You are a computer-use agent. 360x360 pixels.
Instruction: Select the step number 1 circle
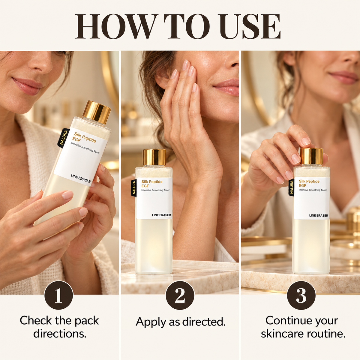[x=58, y=295]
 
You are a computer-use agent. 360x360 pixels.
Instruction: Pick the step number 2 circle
[x=180, y=295]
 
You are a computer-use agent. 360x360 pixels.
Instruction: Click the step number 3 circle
[x=301, y=295]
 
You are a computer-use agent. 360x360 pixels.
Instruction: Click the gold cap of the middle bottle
[x=154, y=157]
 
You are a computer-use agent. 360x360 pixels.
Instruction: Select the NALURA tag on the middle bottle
[x=133, y=187]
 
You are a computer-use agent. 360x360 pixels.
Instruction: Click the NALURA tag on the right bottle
[x=291, y=187]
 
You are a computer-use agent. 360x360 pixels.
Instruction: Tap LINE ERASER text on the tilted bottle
[x=81, y=178]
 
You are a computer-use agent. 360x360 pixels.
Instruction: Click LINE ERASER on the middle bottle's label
[x=161, y=215]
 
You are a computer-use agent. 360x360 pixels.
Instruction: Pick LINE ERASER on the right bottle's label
[x=319, y=215]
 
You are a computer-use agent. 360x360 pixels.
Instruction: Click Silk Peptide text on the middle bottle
[x=152, y=181]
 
